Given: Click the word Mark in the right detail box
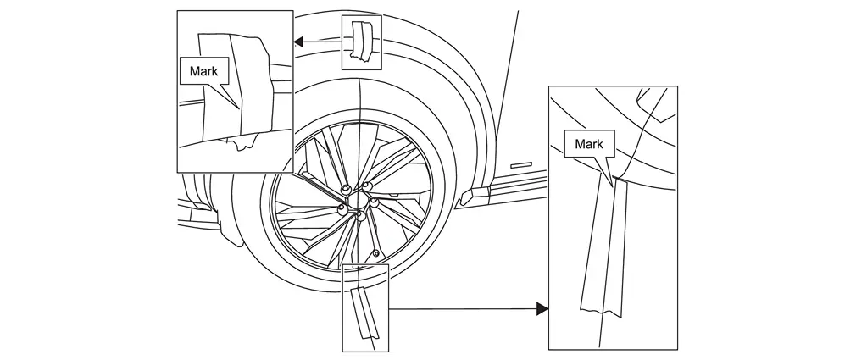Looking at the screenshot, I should pos(588,144).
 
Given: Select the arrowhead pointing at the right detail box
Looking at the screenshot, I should pos(542,310).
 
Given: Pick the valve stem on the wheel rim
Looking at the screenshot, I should pos(375,252).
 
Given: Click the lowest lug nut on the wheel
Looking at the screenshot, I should pos(360,218).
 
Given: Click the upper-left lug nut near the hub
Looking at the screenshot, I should pos(346,188).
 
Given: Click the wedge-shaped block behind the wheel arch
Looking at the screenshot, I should pos(470,197).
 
